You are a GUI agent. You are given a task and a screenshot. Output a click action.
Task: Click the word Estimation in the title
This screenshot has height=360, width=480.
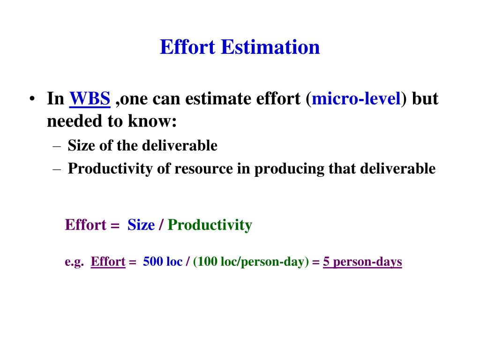(x=270, y=47)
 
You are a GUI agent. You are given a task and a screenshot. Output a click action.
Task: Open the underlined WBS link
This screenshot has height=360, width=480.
(x=90, y=99)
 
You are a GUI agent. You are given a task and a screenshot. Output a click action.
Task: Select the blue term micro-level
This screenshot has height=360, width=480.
(x=356, y=99)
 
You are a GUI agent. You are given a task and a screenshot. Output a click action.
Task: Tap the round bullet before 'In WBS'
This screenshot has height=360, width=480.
(x=32, y=100)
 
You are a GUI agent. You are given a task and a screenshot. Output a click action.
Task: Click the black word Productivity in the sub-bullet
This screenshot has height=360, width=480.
(x=111, y=169)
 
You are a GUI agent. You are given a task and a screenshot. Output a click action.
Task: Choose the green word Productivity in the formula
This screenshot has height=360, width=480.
(x=210, y=225)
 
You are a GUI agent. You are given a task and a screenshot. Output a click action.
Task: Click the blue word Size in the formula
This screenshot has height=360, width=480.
(x=141, y=225)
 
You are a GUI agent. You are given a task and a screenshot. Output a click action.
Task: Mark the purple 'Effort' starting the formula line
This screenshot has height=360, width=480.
(x=86, y=225)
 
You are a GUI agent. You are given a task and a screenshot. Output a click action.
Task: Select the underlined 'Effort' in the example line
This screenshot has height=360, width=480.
(x=108, y=262)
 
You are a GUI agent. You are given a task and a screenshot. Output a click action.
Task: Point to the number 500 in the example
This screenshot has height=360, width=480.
(x=153, y=262)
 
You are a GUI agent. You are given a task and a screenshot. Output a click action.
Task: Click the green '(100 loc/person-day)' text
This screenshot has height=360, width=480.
(x=251, y=262)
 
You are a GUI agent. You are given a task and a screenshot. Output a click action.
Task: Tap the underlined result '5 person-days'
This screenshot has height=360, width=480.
(x=362, y=262)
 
